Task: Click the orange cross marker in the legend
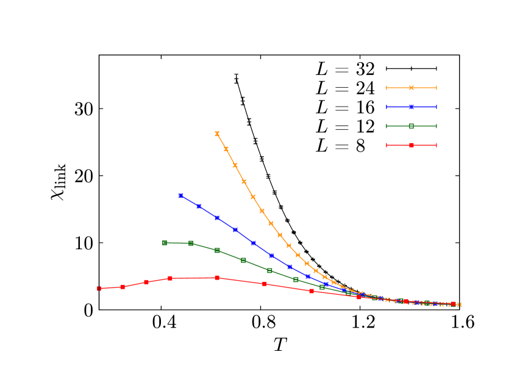pos(412,88)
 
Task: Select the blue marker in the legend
pos(412,107)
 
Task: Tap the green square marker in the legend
pos(412,126)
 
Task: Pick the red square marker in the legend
pos(412,145)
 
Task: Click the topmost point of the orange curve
pos(217,133)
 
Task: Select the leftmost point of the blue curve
pos(180,195)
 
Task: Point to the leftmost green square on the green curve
pos(165,242)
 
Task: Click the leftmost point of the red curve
pos(99,289)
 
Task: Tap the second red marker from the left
pos(123,287)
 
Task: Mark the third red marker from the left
pos(146,282)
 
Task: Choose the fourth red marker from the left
pos(170,278)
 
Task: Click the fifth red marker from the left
pos(217,278)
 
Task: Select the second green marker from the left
pos(191,243)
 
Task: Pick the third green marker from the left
pos(217,250)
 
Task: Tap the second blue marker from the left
pos(199,206)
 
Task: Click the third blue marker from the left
pos(217,217)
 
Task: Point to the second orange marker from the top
pos(226,149)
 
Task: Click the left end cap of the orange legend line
pos(387,88)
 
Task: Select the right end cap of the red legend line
pos(437,145)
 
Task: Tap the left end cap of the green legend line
pos(387,126)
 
